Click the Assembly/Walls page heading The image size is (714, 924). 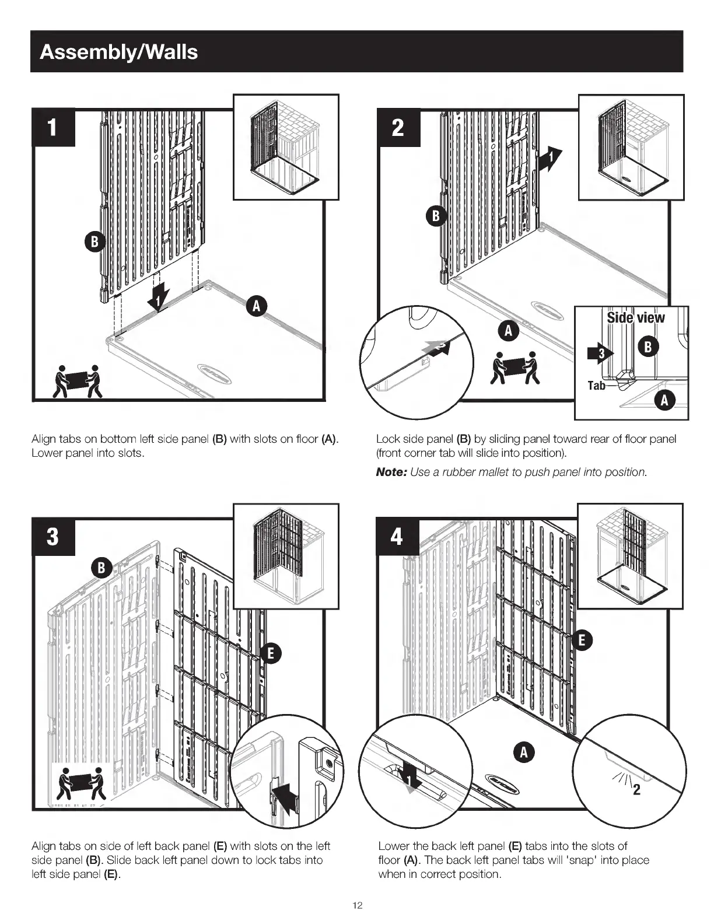pyautogui.click(x=119, y=52)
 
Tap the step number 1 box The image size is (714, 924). pyautogui.click(x=53, y=127)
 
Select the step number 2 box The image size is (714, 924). pyautogui.click(x=398, y=127)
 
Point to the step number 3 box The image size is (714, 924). pyautogui.click(x=53, y=536)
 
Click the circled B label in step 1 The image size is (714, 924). pyautogui.click(x=94, y=242)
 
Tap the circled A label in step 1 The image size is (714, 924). pyautogui.click(x=257, y=306)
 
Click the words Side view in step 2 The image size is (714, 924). pyautogui.click(x=635, y=318)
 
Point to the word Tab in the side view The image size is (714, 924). pyautogui.click(x=596, y=385)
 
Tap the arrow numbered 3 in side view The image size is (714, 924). pyautogui.click(x=601, y=352)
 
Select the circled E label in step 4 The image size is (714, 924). pyautogui.click(x=582, y=640)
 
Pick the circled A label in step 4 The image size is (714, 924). pyautogui.click(x=524, y=752)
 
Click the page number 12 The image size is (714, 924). pyautogui.click(x=358, y=905)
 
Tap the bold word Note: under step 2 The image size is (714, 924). pyautogui.click(x=391, y=472)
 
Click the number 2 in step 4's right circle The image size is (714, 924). pyautogui.click(x=636, y=790)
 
